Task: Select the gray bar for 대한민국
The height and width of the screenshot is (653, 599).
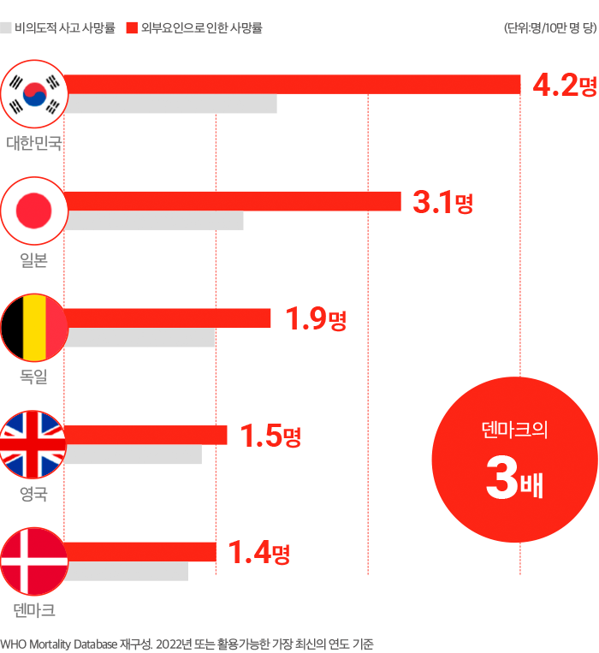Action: pos(171,104)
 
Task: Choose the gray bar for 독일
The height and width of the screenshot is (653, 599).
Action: pos(140,338)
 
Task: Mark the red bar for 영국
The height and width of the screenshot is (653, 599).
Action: pos(146,435)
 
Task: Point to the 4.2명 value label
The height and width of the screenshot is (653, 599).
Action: pos(564,86)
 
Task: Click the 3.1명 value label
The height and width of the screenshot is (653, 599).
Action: pos(442,203)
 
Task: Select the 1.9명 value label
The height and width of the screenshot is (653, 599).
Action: pos(315,320)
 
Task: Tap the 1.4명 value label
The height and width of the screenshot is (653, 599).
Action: pos(258,554)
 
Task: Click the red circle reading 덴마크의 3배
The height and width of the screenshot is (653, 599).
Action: pos(514,460)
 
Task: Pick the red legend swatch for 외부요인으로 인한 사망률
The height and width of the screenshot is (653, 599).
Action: pos(132,28)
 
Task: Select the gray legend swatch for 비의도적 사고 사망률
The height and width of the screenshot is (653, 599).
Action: pos(6,28)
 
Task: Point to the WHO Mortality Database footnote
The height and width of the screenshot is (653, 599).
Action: pos(187,644)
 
